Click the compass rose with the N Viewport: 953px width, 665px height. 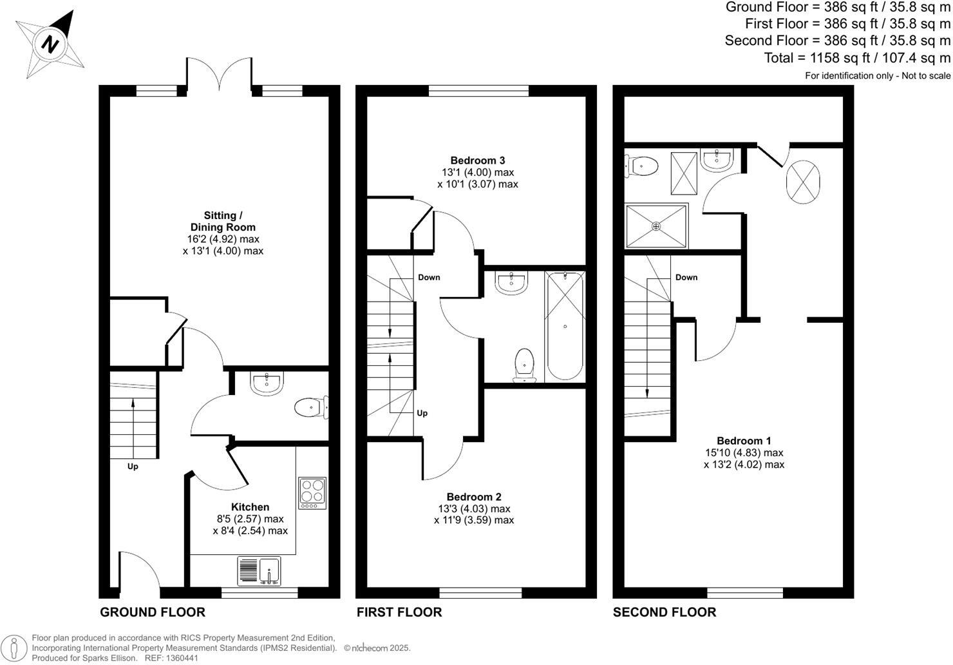50,44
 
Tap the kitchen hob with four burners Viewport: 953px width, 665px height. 312,493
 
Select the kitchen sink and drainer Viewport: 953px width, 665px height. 259,571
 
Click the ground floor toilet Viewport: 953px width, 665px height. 311,407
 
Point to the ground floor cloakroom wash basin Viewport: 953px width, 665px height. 266,383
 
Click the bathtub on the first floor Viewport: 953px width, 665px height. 565,326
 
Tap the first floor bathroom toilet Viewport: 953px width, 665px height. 525,365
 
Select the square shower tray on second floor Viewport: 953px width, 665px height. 657,226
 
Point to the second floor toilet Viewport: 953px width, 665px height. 641,166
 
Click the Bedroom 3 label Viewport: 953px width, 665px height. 477,160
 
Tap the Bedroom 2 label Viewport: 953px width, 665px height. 474,497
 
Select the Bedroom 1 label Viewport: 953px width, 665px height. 744,441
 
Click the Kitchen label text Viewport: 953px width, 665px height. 250,507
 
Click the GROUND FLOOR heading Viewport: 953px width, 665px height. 153,612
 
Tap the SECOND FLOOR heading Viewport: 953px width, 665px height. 664,612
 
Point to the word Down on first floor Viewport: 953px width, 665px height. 429,277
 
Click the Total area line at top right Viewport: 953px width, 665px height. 856,57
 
